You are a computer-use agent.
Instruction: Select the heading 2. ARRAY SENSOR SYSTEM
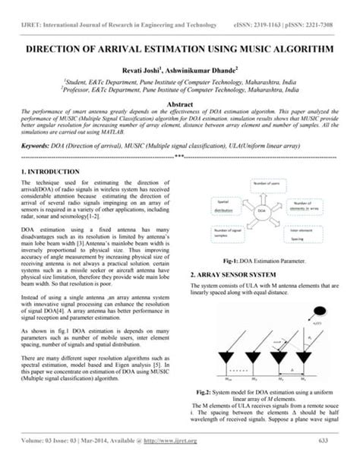point(235,274)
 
